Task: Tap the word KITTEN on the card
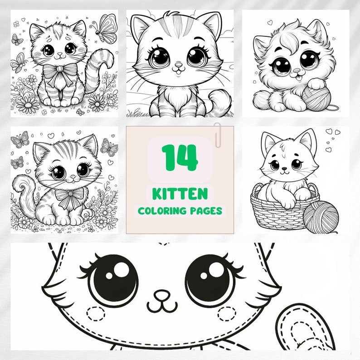tap(180, 194)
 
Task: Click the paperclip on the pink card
tap(218, 134)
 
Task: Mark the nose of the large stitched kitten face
tap(161, 297)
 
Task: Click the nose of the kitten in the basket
tap(283, 170)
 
